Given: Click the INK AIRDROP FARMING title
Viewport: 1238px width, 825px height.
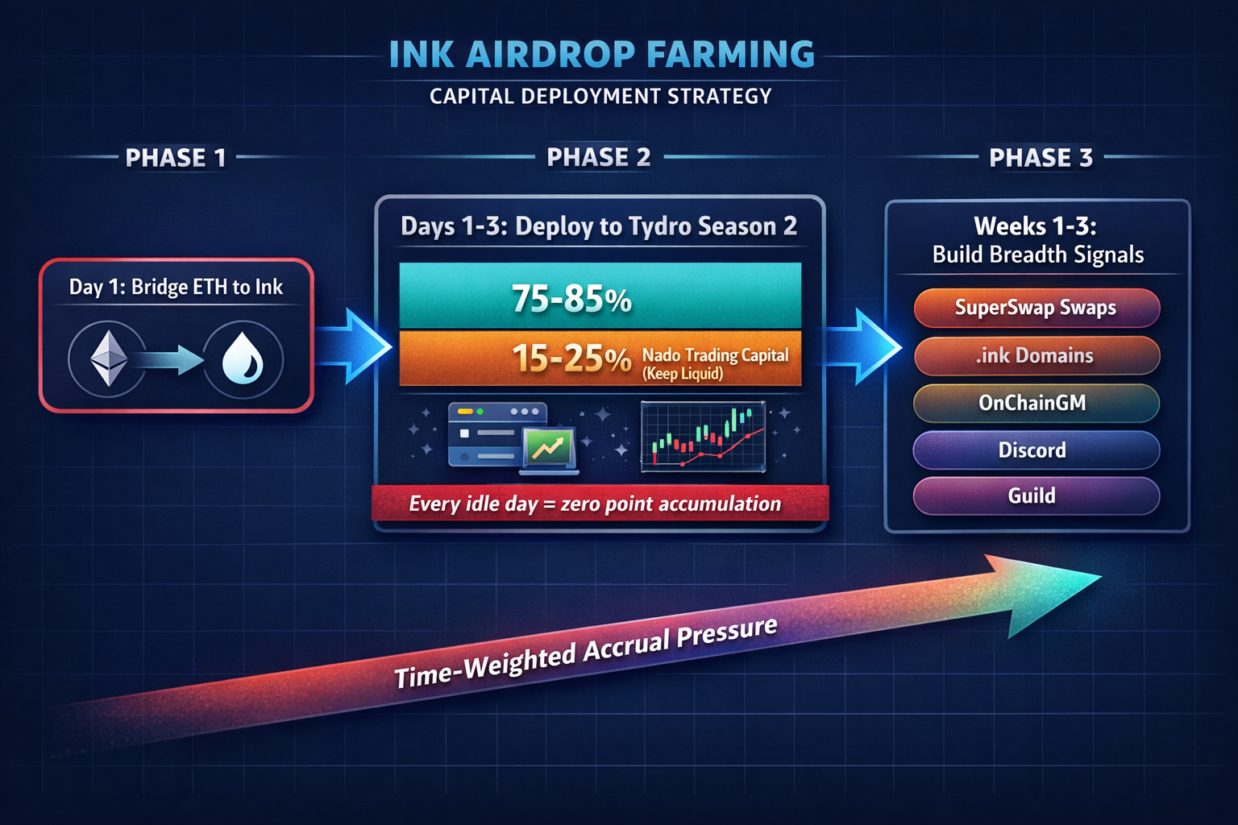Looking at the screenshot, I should [x=601, y=55].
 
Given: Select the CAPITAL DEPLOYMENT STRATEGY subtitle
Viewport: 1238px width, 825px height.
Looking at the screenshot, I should [x=600, y=97].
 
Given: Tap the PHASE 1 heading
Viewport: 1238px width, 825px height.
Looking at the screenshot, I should [x=175, y=158].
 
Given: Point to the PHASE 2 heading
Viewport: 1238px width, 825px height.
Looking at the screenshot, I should [x=598, y=157].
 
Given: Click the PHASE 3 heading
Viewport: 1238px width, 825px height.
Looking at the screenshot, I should [x=1041, y=158].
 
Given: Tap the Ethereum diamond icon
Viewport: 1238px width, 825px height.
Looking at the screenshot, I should [x=108, y=359].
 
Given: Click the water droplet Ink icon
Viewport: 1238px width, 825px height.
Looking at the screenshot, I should [x=243, y=359].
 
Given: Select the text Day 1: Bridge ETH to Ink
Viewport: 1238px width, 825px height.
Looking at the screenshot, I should [x=176, y=287].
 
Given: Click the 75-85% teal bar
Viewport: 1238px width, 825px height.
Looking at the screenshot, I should [x=600, y=296].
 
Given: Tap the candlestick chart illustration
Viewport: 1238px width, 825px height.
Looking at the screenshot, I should [x=703, y=437].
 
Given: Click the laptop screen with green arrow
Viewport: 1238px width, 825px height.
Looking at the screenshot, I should [x=548, y=448].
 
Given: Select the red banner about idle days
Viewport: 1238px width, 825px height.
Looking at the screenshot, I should [x=600, y=504].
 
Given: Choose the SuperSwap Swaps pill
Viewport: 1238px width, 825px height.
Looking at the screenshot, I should [x=1036, y=308].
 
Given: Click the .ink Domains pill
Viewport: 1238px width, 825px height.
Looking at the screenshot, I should [x=1036, y=355].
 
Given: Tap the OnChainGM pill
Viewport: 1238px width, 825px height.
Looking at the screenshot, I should [x=1036, y=403].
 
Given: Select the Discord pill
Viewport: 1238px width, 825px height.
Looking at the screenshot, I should [x=1036, y=450].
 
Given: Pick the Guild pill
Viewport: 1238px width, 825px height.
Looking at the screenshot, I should [x=1036, y=495].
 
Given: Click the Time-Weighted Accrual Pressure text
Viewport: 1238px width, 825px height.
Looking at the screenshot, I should [x=586, y=652].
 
